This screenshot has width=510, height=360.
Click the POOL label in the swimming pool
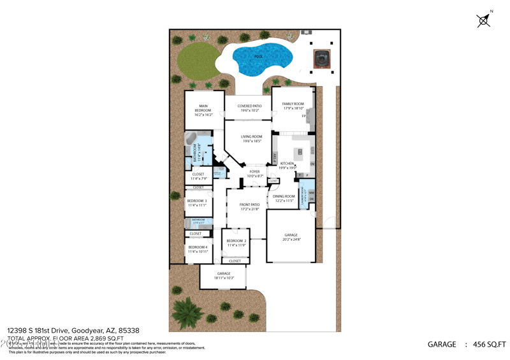pyautogui.click(x=258, y=57)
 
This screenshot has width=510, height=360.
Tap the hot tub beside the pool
pyautogui.click(x=323, y=59)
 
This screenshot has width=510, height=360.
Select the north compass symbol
pyautogui.click(x=484, y=20)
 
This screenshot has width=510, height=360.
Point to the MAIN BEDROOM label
pyautogui.click(x=203, y=109)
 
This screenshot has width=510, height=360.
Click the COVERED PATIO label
pyautogui.click(x=249, y=108)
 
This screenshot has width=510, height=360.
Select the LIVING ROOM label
pyautogui.click(x=251, y=139)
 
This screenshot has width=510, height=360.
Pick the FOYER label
pyautogui.click(x=254, y=173)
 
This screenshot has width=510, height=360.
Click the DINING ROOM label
pyautogui.click(x=284, y=198)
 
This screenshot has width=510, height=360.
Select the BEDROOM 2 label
pyautogui.click(x=236, y=243)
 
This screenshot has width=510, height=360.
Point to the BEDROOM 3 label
pyautogui.click(x=196, y=203)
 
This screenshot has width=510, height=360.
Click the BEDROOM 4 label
pyautogui.click(x=197, y=249)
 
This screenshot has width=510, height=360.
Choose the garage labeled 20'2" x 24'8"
pyautogui.click(x=291, y=237)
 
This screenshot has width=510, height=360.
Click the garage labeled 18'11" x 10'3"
pyautogui.click(x=223, y=275)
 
